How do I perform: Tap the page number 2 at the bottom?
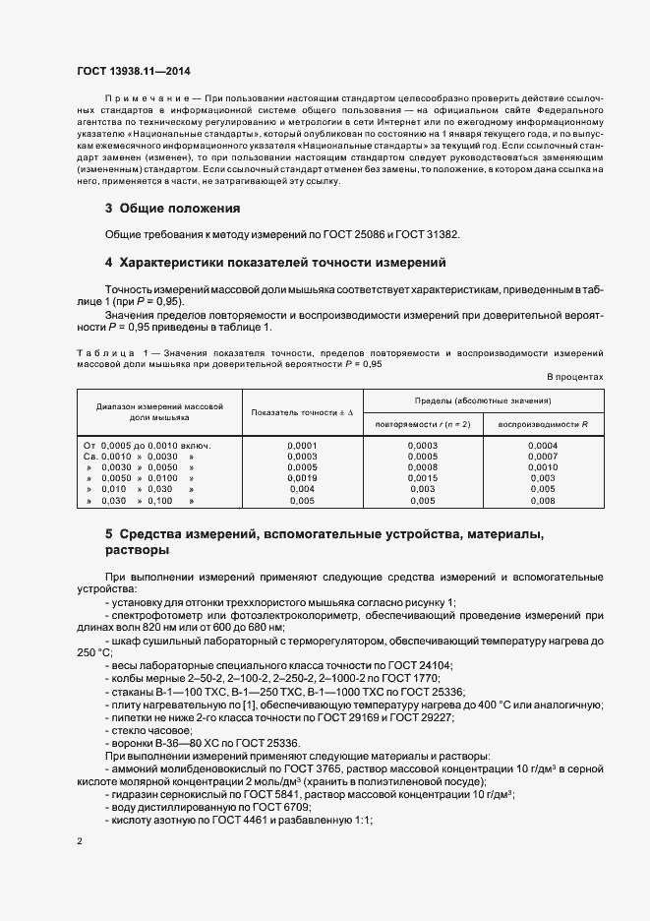coord(81,840)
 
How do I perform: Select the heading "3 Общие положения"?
coord(172,209)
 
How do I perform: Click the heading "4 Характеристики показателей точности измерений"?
coord(275,263)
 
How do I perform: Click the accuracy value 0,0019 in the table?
coord(302,477)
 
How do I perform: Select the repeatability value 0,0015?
coord(422,477)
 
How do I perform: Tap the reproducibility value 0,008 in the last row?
coord(543,500)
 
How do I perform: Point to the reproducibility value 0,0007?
coord(543,456)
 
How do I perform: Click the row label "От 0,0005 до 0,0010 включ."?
coord(148,445)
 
